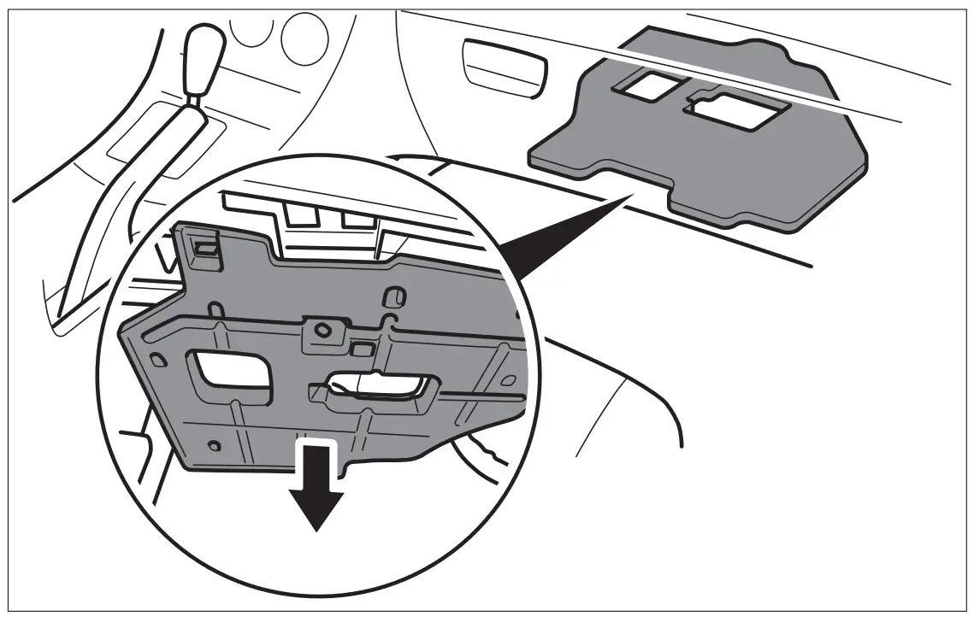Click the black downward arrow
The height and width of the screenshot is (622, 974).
click(x=317, y=496)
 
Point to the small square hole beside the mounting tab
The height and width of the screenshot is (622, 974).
click(x=362, y=348)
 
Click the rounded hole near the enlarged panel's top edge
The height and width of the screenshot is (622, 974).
click(x=394, y=297)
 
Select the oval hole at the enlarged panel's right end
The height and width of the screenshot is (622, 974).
click(x=508, y=379)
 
